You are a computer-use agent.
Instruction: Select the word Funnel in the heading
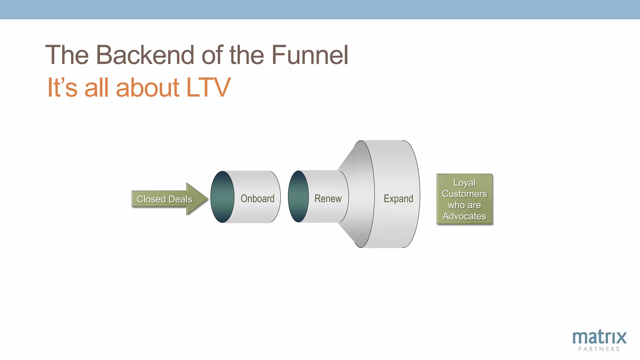tap(310, 55)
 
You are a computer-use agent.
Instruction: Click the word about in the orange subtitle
tap(147, 87)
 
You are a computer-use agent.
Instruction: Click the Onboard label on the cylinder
tap(257, 198)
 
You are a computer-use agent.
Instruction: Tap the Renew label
tap(328, 198)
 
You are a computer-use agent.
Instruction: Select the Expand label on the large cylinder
tap(398, 198)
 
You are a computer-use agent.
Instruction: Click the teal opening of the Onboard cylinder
tap(222, 197)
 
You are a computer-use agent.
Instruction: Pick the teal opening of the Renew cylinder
tap(298, 197)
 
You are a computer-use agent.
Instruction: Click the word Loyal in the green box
tap(464, 182)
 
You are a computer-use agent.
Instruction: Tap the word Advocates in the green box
tap(464, 216)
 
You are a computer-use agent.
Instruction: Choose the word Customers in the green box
tap(464, 194)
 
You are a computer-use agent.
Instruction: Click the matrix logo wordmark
tap(599, 337)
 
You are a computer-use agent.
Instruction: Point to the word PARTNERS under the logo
tap(599, 349)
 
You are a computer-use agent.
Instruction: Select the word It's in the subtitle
tap(62, 87)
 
